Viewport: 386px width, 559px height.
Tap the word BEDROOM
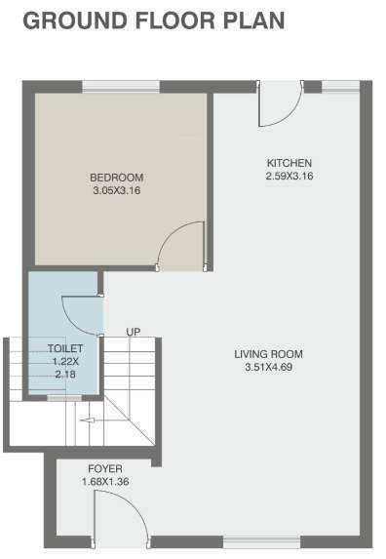pos(116,178)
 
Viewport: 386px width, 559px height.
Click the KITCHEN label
pos(289,163)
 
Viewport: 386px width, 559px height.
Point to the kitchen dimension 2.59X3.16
pos(289,176)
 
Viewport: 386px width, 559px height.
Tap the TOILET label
pos(65,347)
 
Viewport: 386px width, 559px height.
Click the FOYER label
pos(102,469)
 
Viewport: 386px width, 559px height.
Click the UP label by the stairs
pos(133,333)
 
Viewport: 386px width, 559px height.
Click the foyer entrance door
pos(114,517)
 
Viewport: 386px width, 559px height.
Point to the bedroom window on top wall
pos(107,88)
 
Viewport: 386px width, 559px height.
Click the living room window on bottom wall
pos(262,539)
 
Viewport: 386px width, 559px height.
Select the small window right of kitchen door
pos(339,88)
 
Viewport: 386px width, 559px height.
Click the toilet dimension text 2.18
pos(65,373)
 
